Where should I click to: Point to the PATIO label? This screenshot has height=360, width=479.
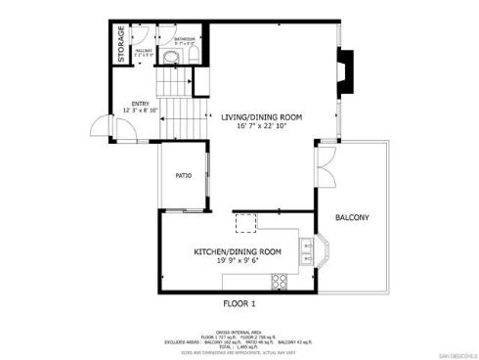[x=183, y=176]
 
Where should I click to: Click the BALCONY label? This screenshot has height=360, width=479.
[x=351, y=217]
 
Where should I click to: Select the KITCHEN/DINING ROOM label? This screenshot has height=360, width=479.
[x=238, y=251]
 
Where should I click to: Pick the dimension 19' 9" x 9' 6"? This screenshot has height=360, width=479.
[x=238, y=261]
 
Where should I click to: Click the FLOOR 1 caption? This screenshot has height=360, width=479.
[x=239, y=304]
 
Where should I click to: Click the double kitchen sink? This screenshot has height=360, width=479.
[x=307, y=255]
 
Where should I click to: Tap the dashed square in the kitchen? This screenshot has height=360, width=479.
[x=243, y=224]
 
